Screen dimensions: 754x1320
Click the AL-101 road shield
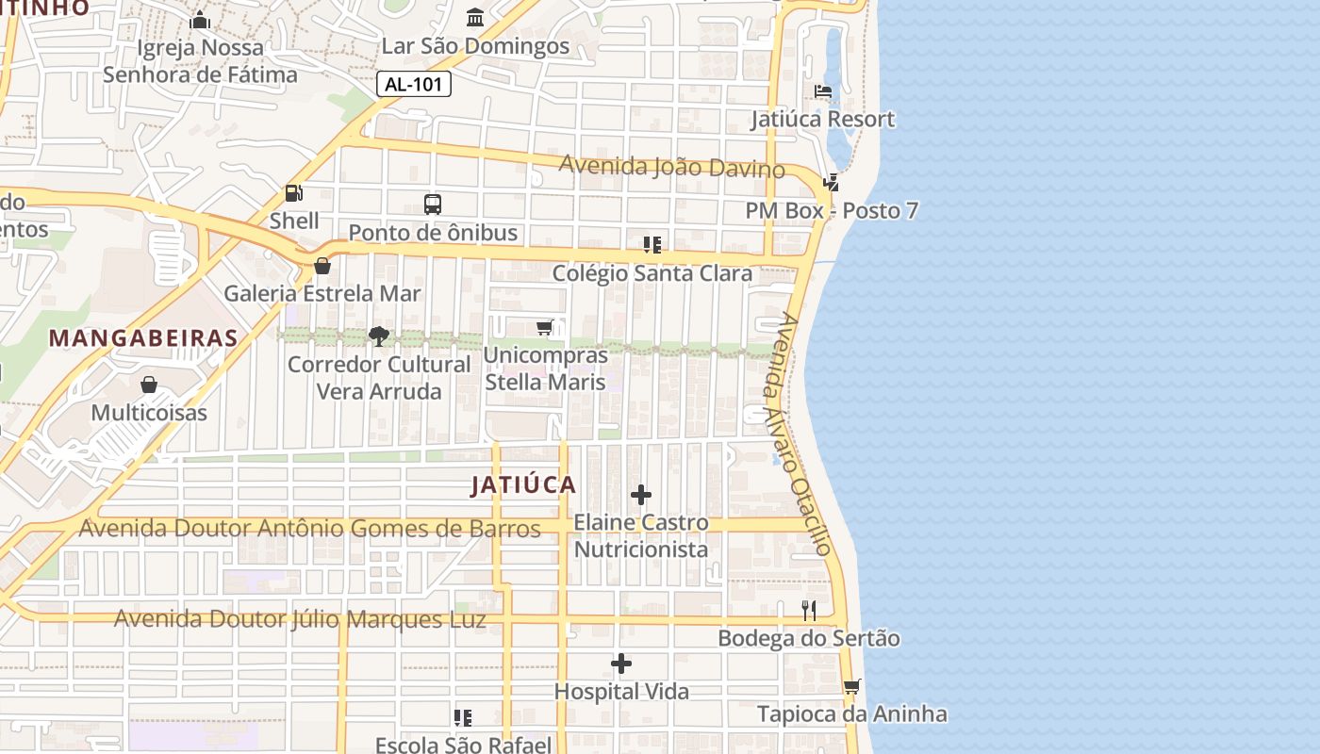click(414, 84)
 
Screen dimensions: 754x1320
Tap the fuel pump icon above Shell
click(294, 193)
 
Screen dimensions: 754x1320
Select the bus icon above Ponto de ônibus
click(433, 204)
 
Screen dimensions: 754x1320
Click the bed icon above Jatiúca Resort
click(823, 91)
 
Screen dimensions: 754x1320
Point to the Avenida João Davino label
click(671, 166)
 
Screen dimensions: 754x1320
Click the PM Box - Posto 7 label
click(832, 210)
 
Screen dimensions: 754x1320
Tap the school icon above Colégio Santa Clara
click(652, 245)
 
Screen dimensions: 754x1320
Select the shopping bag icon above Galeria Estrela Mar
click(322, 266)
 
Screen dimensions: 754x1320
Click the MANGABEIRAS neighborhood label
click(142, 337)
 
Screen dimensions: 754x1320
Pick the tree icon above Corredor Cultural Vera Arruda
click(379, 336)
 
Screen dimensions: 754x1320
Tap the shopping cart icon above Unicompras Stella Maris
click(545, 327)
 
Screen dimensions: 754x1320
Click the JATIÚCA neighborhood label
click(523, 485)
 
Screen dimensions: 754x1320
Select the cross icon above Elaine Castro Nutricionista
click(641, 495)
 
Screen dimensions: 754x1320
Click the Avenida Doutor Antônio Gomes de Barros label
click(309, 528)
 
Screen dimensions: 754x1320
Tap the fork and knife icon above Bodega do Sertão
click(809, 611)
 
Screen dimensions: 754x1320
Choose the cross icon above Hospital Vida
click(621, 664)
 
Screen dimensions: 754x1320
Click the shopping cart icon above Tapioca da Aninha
click(852, 686)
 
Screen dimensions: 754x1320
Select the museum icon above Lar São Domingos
click(475, 18)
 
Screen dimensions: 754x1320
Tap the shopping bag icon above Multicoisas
click(149, 385)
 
